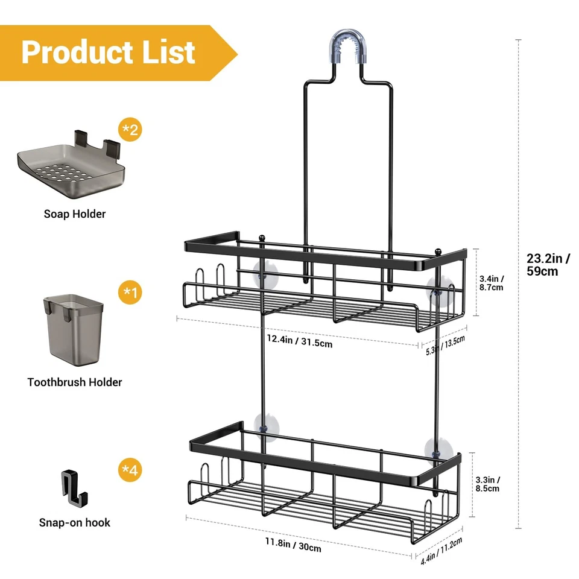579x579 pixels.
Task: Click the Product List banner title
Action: pos(109,52)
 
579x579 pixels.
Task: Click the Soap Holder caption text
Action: pos(74,214)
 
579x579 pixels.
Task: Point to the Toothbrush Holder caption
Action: pos(75,382)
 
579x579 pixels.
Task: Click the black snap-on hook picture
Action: pos(74,489)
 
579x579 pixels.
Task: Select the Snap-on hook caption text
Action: pos(75,522)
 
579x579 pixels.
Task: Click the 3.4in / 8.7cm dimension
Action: pos(491,283)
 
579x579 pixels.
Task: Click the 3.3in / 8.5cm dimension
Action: pos(489,484)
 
